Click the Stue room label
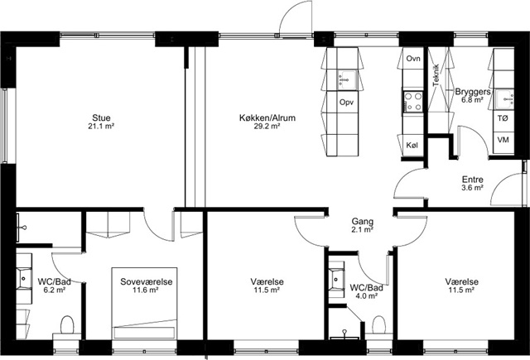pyautogui.click(x=101, y=118)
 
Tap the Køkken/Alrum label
pyautogui.click(x=267, y=118)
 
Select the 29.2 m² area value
pyautogui.click(x=267, y=127)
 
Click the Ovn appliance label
pyautogui.click(x=413, y=59)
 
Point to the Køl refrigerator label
pyautogui.click(x=412, y=145)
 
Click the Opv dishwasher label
pyautogui.click(x=346, y=102)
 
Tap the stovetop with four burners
pyautogui.click(x=413, y=102)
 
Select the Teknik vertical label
pyautogui.click(x=436, y=75)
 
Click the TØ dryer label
pyautogui.click(x=503, y=118)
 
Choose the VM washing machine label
pyautogui.click(x=503, y=139)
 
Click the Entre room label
pyautogui.click(x=473, y=180)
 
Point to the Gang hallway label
pyautogui.click(x=363, y=222)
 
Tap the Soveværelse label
pyautogui.click(x=147, y=281)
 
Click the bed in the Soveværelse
pyautogui.click(x=145, y=303)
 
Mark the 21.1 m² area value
pyautogui.click(x=101, y=127)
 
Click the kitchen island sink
pyautogui.click(x=346, y=80)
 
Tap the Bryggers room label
pyautogui.click(x=473, y=92)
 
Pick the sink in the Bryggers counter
pyautogui.click(x=505, y=99)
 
